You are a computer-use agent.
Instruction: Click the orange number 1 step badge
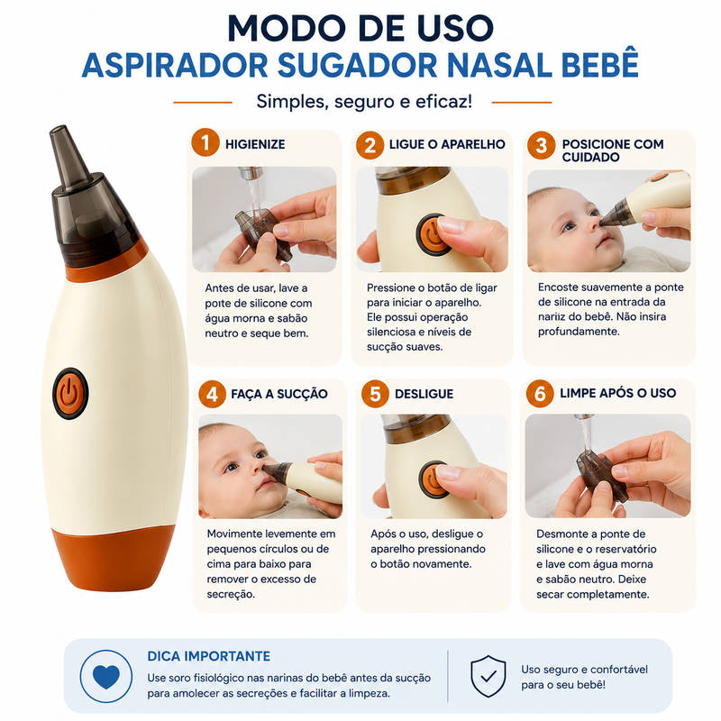205,142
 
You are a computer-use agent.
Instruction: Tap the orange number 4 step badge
213,394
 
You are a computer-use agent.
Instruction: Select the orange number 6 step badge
540,394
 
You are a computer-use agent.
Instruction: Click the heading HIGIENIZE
255,144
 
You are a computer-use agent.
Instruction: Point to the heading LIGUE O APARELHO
447,144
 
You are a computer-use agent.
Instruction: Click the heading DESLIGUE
424,394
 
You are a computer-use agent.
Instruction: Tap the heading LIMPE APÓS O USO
618,393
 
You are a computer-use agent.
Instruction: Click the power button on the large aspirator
70,394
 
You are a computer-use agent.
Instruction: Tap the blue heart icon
106,677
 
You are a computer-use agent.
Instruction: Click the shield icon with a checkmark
488,677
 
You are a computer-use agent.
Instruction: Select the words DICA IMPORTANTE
209,656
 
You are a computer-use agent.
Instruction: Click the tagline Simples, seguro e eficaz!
364,102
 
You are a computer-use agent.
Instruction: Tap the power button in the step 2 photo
432,234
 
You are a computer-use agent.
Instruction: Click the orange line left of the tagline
203,103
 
